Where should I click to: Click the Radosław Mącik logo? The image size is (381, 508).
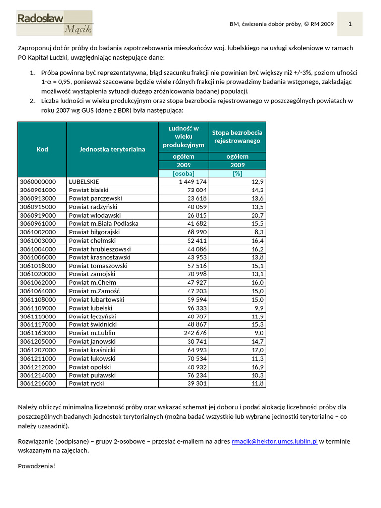(55, 23)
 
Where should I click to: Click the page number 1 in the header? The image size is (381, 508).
(350, 24)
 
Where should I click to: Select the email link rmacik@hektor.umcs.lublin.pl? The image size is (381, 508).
(274, 441)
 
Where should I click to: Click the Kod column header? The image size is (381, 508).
(42, 149)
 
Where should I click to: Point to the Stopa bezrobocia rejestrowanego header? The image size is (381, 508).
(237, 136)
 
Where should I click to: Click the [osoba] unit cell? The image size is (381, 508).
(184, 173)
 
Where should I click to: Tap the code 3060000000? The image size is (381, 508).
(38, 182)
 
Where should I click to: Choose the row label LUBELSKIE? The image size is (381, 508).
(84, 182)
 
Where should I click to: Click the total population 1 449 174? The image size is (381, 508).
(190, 182)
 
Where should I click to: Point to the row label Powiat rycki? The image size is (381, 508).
(87, 383)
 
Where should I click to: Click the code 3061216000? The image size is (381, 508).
(38, 383)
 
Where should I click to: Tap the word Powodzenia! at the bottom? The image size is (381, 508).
(37, 466)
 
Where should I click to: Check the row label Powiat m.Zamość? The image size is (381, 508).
(94, 291)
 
